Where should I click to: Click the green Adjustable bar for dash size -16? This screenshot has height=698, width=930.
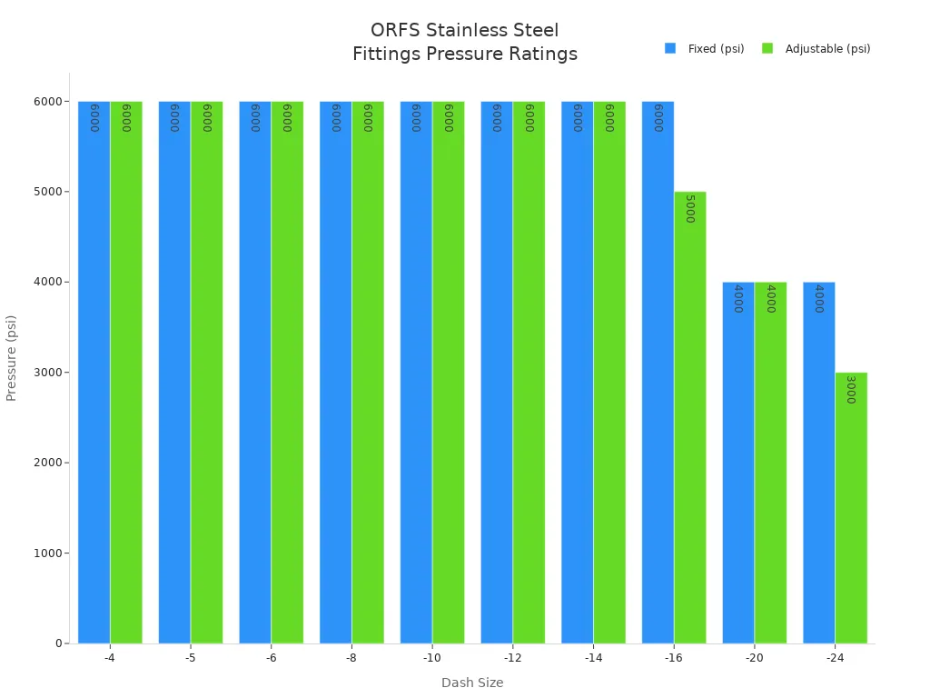pyautogui.click(x=689, y=418)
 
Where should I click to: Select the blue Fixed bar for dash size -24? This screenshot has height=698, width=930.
pyautogui.click(x=818, y=464)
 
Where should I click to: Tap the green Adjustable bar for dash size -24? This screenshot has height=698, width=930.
pyautogui.click(x=851, y=509)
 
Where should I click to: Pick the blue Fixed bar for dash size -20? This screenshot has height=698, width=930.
pyautogui.click(x=738, y=464)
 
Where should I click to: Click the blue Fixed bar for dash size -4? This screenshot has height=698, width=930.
pyautogui.click(x=94, y=373)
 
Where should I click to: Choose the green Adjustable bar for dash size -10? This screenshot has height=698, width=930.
pyautogui.click(x=448, y=373)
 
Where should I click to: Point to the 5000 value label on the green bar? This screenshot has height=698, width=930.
pyautogui.click(x=689, y=209)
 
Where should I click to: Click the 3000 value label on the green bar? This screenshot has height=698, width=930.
pyautogui.click(x=851, y=389)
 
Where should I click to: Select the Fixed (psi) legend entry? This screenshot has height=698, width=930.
pyautogui.click(x=705, y=49)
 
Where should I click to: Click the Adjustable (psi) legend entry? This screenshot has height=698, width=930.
pyautogui.click(x=816, y=49)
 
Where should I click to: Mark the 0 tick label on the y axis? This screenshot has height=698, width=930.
pyautogui.click(x=59, y=643)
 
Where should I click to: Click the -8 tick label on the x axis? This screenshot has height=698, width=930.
pyautogui.click(x=351, y=657)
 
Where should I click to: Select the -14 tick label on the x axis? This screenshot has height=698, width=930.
pyautogui.click(x=593, y=657)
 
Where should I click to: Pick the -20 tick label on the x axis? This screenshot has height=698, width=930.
pyautogui.click(x=754, y=657)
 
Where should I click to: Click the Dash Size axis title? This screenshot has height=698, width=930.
pyautogui.click(x=472, y=683)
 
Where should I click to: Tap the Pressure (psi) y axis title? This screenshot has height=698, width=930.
pyautogui.click(x=12, y=358)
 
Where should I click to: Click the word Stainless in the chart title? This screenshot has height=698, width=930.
pyautogui.click(x=460, y=31)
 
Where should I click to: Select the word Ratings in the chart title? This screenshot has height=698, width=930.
pyautogui.click(x=543, y=55)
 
